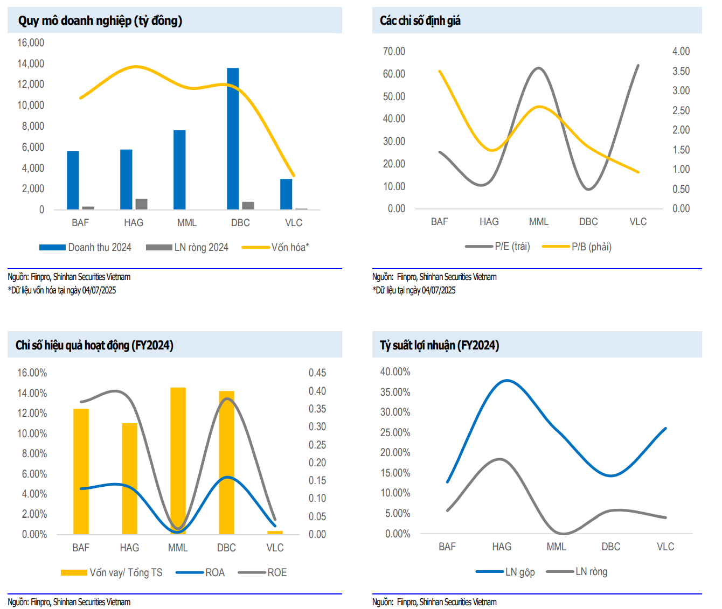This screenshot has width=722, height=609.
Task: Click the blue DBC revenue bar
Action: [233, 139]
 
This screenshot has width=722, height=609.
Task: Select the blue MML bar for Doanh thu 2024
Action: [179, 170]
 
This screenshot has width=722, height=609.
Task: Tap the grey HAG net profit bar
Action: [141, 204]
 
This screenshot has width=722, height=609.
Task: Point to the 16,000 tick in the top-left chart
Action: [31, 43]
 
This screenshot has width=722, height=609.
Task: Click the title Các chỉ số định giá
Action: [420, 20]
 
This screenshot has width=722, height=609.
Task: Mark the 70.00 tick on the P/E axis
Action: [394, 51]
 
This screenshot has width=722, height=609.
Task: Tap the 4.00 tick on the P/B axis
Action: [681, 51]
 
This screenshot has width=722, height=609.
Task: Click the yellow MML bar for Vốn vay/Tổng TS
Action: [178, 460]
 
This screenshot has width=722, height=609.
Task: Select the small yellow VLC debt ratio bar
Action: [275, 533]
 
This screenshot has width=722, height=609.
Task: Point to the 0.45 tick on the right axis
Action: [317, 373]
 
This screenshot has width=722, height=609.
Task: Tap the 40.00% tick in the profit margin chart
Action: [395, 372]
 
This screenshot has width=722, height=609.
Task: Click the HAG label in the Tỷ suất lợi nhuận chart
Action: [502, 547]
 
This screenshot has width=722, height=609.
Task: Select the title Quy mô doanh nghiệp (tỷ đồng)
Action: [100, 20]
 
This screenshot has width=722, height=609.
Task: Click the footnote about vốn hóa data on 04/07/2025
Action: [62, 290]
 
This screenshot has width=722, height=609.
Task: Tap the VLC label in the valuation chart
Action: [638, 221]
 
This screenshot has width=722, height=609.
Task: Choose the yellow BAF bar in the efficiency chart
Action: [81, 471]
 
